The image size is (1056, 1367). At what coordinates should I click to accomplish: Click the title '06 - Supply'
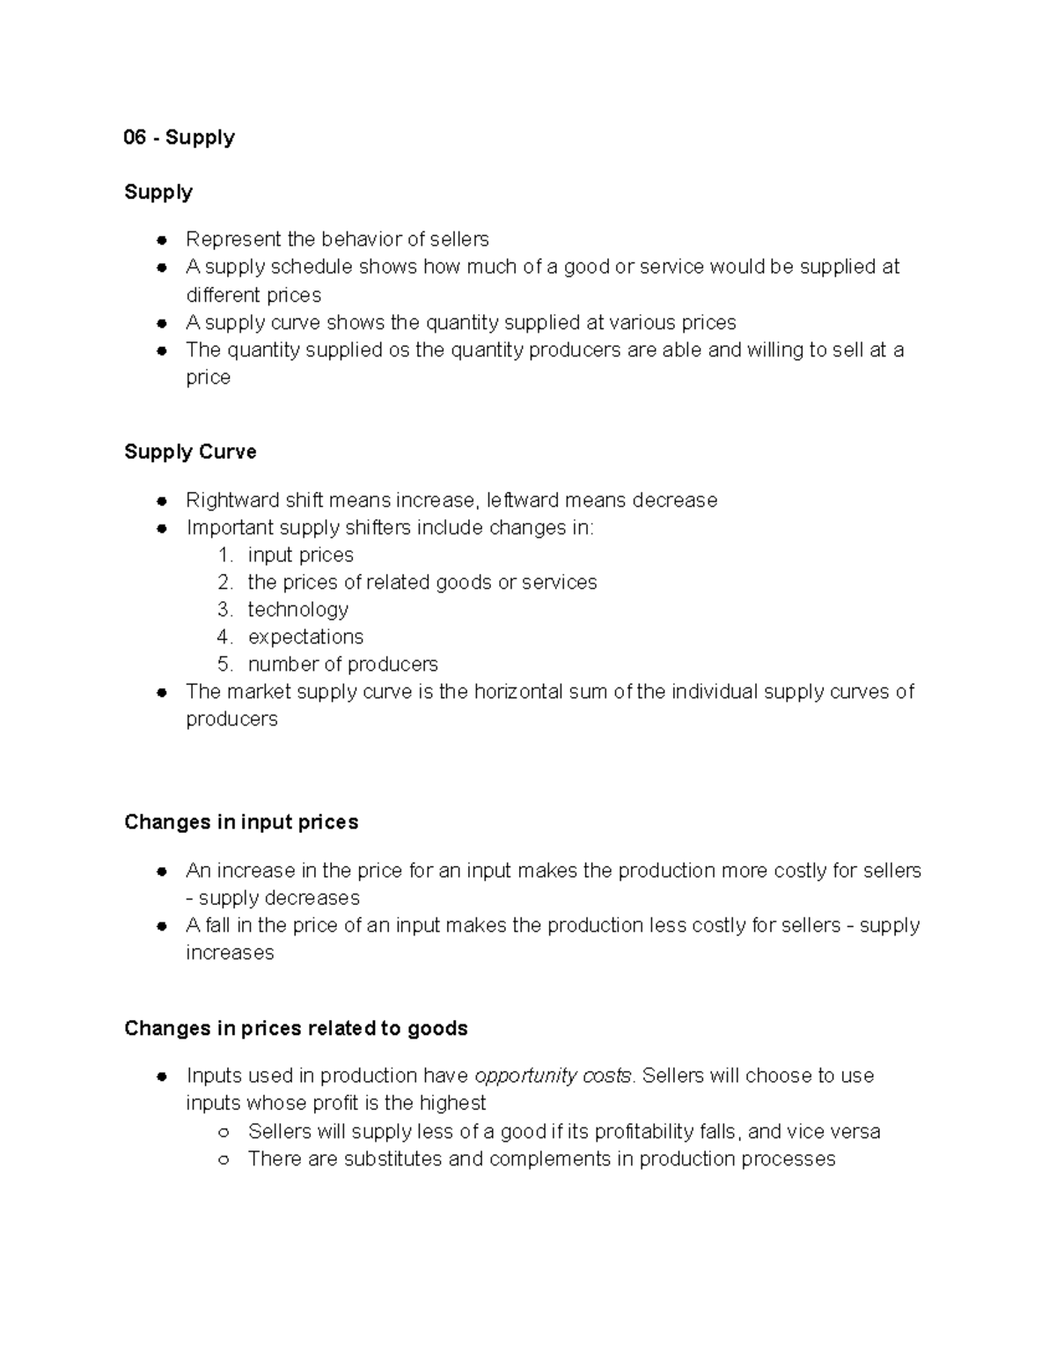coord(180,137)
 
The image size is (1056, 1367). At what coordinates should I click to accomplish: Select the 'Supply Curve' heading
coord(190,452)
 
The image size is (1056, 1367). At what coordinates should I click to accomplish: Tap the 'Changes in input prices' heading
coord(241,822)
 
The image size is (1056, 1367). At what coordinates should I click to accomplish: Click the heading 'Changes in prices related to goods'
coord(296,1028)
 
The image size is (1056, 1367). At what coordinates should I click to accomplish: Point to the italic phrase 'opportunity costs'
coord(553,1076)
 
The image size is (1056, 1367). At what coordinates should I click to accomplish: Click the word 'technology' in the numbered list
coord(297,609)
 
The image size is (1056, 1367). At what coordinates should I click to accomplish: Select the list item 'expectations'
coord(305,636)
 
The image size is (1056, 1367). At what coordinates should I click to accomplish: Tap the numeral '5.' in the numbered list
coord(225,664)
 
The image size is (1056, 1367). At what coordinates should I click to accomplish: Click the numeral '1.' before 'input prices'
coord(225,555)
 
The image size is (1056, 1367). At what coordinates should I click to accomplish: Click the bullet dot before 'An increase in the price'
coord(162,871)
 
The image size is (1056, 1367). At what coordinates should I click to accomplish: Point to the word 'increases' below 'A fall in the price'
coord(230,952)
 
